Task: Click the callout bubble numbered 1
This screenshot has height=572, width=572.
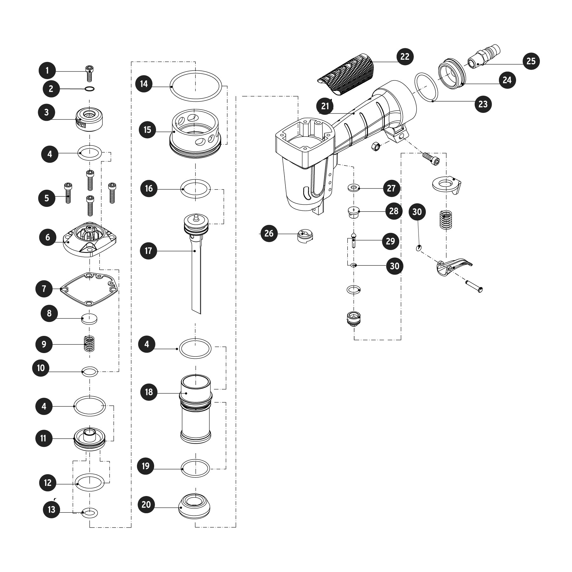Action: click(x=47, y=71)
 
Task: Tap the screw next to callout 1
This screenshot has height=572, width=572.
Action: click(x=89, y=73)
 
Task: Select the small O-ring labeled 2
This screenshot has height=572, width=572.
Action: click(x=90, y=89)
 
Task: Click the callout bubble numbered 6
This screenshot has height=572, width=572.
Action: click(x=48, y=237)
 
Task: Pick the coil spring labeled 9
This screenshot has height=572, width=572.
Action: click(x=90, y=344)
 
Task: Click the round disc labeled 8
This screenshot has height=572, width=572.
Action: click(x=89, y=318)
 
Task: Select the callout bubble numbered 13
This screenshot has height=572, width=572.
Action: click(x=51, y=510)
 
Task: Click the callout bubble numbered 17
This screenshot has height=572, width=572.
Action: click(x=148, y=251)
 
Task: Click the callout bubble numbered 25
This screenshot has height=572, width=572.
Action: click(x=531, y=61)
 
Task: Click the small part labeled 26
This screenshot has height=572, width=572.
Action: click(x=305, y=237)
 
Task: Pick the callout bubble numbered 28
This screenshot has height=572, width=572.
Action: click(x=394, y=211)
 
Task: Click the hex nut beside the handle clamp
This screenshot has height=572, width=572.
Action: click(x=376, y=146)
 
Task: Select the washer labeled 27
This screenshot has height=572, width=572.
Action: click(x=354, y=188)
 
